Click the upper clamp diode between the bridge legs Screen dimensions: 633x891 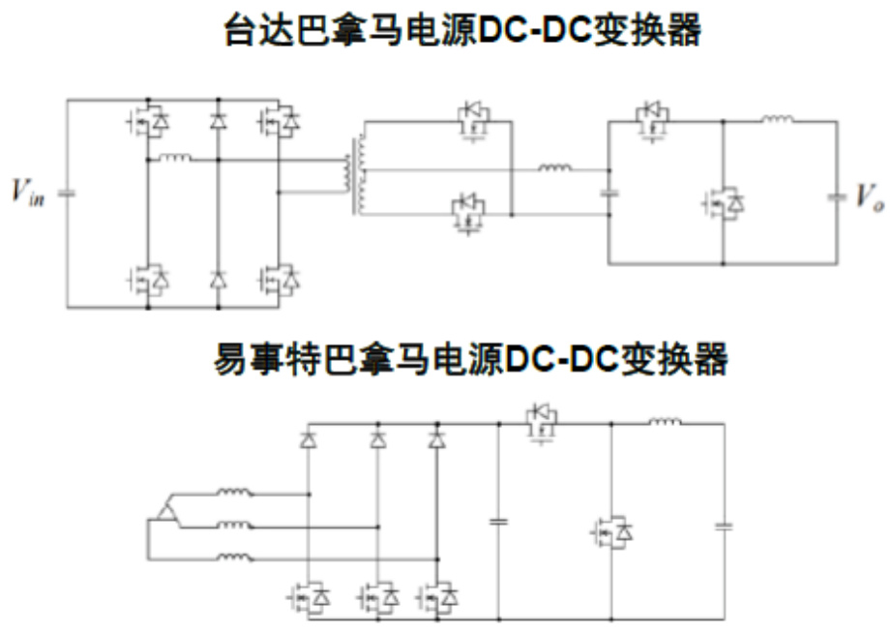(x=218, y=122)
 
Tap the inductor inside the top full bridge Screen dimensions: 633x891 (x=174, y=158)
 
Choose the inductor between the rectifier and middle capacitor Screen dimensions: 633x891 (x=554, y=170)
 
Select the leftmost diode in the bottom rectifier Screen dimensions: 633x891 (x=308, y=440)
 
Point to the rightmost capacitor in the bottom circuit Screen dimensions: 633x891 (x=723, y=527)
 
